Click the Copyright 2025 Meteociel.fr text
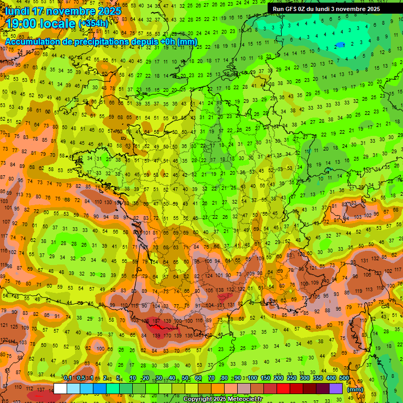(223, 399)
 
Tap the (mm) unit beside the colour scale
(355, 389)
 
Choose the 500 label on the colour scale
(344, 378)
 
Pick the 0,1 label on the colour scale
(68, 378)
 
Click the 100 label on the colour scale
(252, 378)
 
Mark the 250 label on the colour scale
(291, 378)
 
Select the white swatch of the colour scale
(60, 389)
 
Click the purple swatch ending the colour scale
(336, 389)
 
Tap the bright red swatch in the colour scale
(283, 389)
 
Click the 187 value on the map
(156, 321)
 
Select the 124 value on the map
(209, 275)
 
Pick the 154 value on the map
(154, 262)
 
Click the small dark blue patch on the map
(341, 45)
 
